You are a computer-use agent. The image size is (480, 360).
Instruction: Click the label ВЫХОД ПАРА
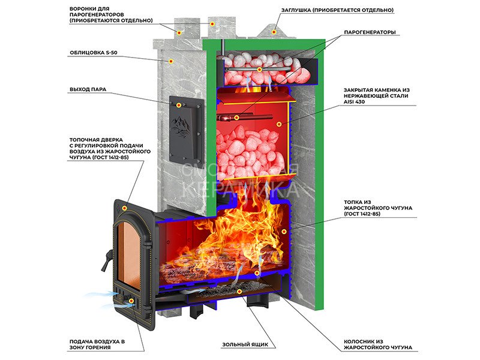pos(88,89)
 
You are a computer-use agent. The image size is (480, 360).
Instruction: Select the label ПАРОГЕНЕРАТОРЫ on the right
pos(370,32)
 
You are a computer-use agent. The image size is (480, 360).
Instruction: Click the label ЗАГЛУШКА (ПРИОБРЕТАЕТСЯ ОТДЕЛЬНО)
pos(338,10)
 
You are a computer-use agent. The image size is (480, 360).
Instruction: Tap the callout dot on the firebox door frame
pos(124,208)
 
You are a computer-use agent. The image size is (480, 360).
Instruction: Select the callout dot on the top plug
pos(274,31)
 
